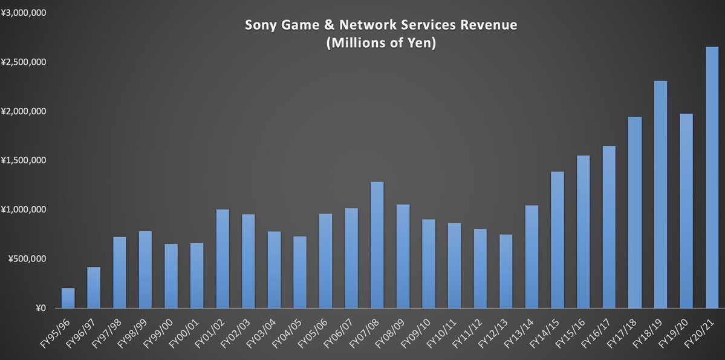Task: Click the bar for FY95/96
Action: (68, 298)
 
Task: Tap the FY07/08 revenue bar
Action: (377, 244)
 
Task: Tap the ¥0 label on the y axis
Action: (41, 308)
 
